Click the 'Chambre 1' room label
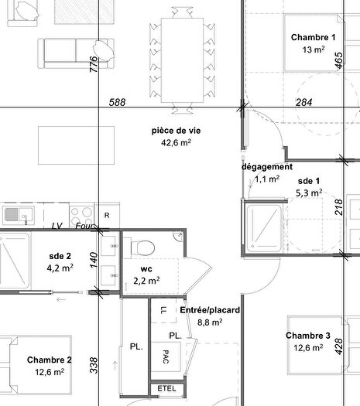313,37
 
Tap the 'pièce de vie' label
176,131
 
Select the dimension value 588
117,102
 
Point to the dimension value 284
303,102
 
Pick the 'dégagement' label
266,166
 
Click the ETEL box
166,387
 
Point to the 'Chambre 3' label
308,336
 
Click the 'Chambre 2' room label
50,360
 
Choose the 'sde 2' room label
60,256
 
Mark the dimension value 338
94,366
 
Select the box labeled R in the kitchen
108,215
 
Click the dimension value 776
94,64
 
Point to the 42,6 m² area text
176,142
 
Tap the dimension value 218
338,207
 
